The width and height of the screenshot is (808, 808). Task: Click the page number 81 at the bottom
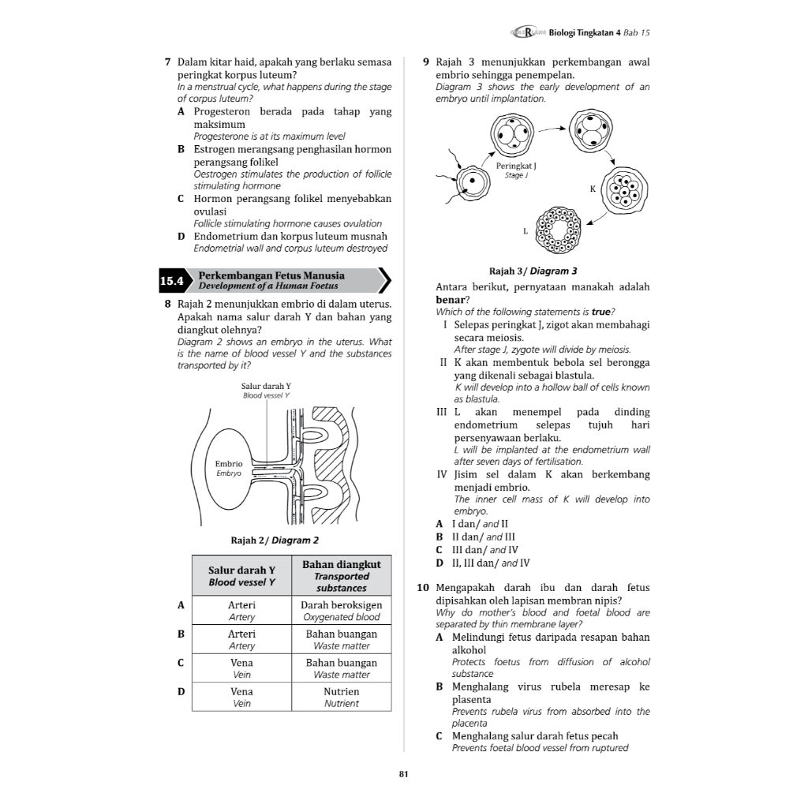(x=403, y=774)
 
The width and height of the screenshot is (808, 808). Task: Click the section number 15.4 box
(x=171, y=281)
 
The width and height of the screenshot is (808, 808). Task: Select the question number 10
(x=422, y=588)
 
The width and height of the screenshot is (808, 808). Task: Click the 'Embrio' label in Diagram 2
(x=228, y=463)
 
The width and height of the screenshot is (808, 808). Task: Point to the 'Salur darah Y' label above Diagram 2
(x=266, y=386)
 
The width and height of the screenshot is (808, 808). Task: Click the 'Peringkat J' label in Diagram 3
(x=516, y=166)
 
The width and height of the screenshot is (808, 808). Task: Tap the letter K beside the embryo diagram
(x=593, y=189)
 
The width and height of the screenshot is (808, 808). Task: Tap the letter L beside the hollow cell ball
(x=525, y=231)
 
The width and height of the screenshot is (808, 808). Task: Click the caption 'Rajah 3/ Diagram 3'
(x=533, y=271)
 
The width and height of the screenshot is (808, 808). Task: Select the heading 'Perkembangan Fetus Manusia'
(x=271, y=275)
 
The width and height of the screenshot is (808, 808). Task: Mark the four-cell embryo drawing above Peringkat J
(x=511, y=134)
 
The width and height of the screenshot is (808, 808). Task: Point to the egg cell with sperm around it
(x=473, y=182)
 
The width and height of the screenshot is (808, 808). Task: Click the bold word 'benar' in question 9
(x=450, y=300)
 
